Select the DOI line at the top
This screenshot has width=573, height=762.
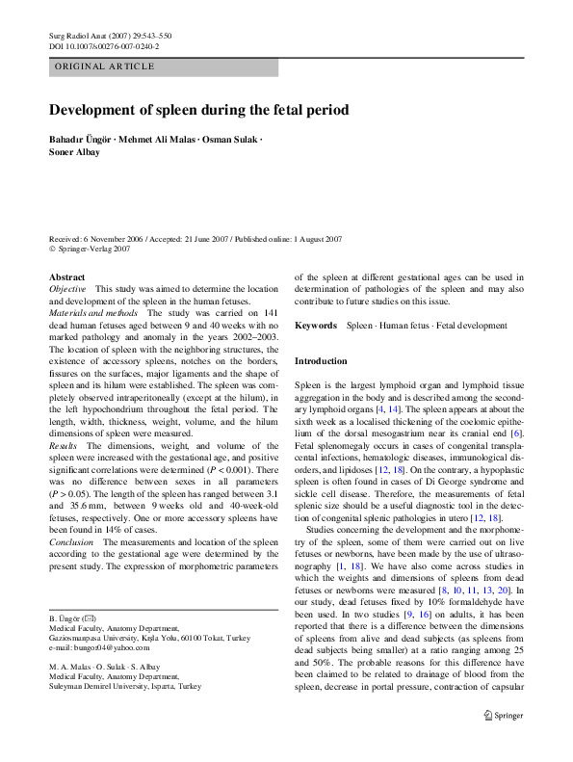[104, 45]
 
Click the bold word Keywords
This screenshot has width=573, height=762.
[316, 327]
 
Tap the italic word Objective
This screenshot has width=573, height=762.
[67, 289]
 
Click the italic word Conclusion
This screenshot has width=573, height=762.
[71, 542]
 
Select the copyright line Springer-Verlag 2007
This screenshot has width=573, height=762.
[94, 250]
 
